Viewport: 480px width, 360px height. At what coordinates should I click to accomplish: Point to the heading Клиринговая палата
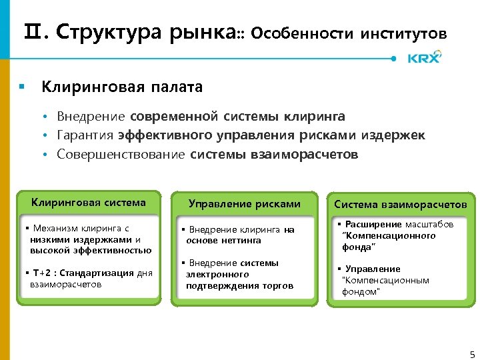[122, 87]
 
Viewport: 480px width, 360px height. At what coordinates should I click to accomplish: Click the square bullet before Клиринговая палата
[22, 87]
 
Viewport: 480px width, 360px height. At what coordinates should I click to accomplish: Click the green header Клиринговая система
[89, 203]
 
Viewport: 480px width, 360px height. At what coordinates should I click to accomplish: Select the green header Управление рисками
[245, 204]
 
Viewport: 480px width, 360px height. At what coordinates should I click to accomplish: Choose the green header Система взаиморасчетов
[401, 204]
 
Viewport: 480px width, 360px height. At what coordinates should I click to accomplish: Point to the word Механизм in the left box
[55, 228]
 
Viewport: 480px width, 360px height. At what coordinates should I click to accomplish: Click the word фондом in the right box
[359, 292]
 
